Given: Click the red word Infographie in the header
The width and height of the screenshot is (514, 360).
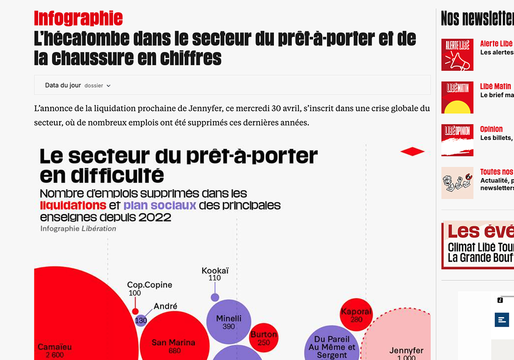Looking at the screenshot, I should pos(78,19).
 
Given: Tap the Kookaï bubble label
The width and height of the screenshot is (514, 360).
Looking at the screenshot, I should pos(215,271).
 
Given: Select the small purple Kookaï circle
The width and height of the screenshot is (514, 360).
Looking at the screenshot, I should pos(215,297).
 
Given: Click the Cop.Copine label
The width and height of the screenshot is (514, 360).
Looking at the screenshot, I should pos(150,285).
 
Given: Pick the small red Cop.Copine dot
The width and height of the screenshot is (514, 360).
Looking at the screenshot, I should pos(135,311).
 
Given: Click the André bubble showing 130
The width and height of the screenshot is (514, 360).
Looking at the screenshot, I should pos(141,320).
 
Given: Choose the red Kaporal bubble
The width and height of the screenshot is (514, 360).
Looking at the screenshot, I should pos(356,315).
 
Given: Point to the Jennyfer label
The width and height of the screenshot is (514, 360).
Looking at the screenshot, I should pos(406,351).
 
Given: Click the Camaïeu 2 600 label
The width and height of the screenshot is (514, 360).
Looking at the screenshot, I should pos(55,351).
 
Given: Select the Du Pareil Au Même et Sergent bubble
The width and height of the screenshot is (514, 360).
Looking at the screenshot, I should pos(332,346).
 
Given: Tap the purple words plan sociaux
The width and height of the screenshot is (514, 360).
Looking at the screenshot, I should pos(160,206).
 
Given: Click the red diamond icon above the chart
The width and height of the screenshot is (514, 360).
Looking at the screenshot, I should pos(412,151).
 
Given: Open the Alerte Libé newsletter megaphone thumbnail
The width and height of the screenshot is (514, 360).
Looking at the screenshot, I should pos(457,55).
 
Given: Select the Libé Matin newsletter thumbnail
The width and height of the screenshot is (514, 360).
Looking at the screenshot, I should pos(457,97).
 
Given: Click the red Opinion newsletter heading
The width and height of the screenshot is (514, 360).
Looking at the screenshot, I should pos(491,129).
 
